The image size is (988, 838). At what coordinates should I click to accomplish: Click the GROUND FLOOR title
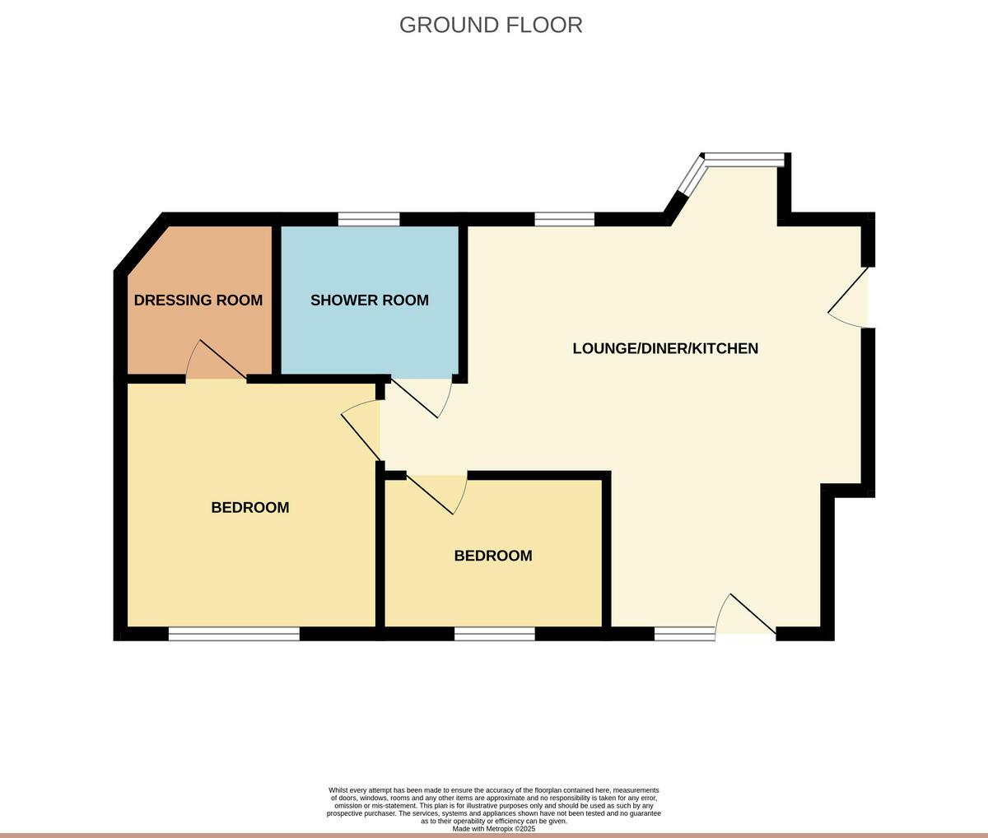491,25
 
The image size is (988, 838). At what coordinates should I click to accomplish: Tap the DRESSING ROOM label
198,300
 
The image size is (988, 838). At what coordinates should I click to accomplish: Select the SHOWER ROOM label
369,300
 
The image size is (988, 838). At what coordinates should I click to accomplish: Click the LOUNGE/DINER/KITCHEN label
665,348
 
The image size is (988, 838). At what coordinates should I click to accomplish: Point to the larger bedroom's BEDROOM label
250,508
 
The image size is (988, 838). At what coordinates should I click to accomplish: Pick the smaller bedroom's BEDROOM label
493,556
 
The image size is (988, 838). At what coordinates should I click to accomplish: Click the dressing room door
217,362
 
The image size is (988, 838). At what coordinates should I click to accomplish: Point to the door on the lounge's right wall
849,297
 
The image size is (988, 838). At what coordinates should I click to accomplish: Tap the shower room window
369,219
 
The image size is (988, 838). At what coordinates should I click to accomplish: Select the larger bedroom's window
235,634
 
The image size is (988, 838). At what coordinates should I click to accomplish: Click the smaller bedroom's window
494,634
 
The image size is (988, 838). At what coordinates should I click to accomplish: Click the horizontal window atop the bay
744,160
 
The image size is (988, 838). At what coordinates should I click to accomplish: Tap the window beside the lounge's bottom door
684,634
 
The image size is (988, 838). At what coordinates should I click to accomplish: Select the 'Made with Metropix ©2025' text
494,829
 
